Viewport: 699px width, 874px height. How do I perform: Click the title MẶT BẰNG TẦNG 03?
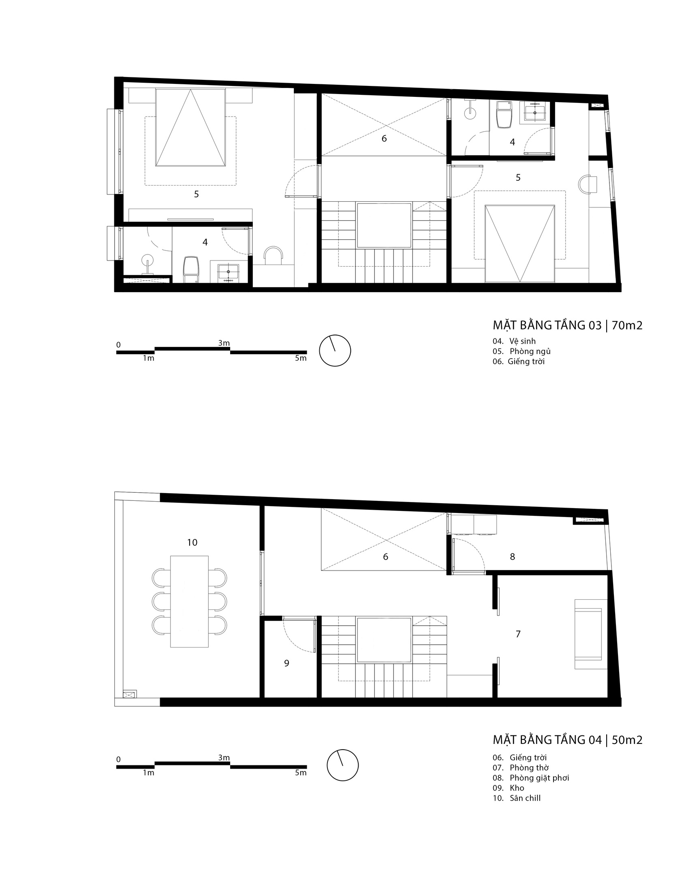pos(547,325)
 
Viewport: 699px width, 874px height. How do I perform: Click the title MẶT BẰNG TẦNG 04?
pos(547,740)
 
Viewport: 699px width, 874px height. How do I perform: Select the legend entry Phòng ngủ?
pos(530,351)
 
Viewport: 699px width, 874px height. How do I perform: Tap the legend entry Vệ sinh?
pos(523,341)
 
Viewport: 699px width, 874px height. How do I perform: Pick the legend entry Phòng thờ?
pos(529,767)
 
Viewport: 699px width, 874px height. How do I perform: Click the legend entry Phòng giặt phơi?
pos(539,778)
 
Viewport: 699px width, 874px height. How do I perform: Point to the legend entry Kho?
pos(517,788)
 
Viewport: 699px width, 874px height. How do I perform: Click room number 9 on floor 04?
pos(286,663)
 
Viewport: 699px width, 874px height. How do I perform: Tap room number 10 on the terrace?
pos(192,543)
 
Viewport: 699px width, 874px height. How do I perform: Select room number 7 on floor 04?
pos(518,634)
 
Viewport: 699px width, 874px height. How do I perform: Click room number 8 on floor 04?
pos(513,557)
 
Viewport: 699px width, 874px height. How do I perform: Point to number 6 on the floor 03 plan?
pos(384,139)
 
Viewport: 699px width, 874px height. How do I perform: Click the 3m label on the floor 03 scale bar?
pos(224,343)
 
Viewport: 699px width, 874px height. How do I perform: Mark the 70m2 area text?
pos(627,325)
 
